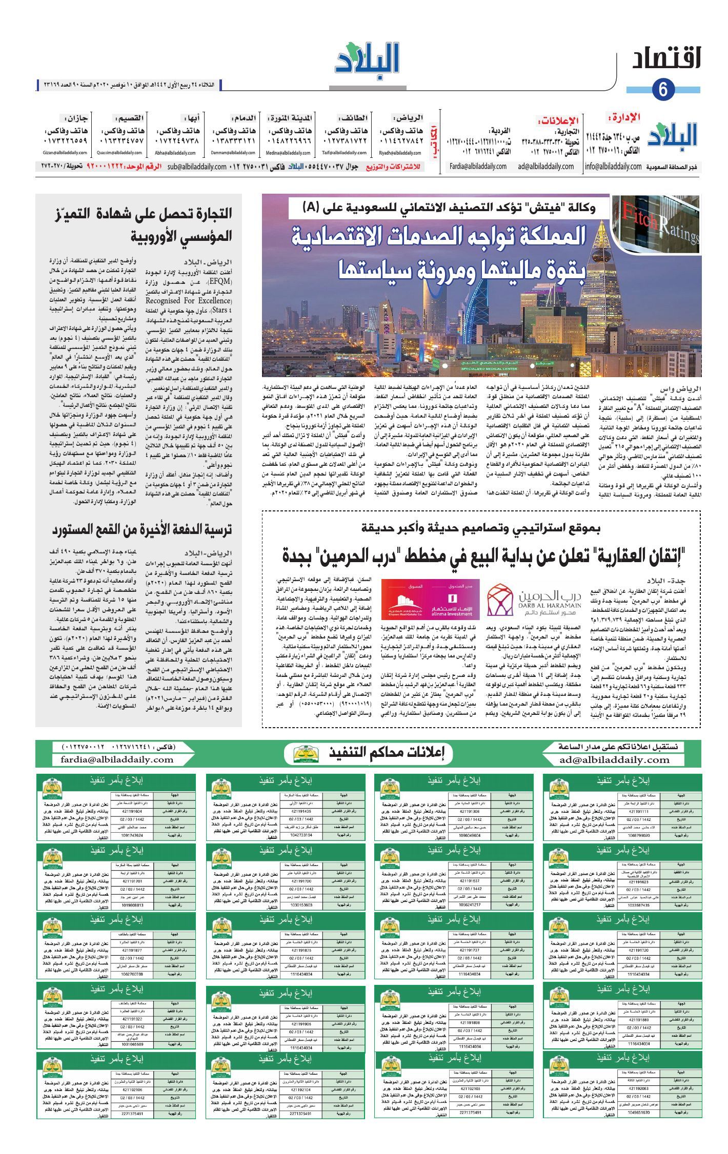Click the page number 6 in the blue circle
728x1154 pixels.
coord(663,89)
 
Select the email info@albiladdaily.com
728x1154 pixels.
coord(613,167)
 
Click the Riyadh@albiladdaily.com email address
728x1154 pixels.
coord(400,153)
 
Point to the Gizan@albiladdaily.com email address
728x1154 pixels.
coord(66,153)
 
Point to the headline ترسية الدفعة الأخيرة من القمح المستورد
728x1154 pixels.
coord(142,529)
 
